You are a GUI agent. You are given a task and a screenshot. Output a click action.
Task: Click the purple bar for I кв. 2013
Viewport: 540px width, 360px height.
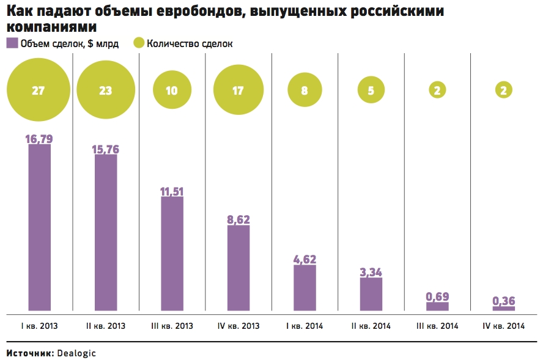tap(40, 227)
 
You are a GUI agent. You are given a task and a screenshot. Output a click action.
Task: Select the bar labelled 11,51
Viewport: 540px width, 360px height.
tap(172, 254)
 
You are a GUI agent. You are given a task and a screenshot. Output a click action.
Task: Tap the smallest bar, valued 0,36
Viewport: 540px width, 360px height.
tap(503, 308)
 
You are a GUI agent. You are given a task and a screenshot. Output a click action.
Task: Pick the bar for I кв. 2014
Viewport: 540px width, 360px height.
tap(305, 287)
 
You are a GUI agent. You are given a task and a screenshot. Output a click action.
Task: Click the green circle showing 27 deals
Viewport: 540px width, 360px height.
tap(39, 90)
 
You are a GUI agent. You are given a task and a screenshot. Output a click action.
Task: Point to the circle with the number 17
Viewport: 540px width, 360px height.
tap(238, 90)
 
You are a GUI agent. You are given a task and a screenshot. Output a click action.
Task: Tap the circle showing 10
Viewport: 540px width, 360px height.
tap(172, 90)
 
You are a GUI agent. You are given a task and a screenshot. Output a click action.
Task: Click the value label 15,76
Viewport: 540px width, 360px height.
tap(106, 149)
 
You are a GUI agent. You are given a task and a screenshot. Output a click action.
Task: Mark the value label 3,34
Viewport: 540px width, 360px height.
tap(371, 272)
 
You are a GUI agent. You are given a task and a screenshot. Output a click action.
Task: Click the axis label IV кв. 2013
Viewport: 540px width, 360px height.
tap(238, 326)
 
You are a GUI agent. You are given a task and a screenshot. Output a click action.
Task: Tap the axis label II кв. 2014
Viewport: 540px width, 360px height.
tap(371, 326)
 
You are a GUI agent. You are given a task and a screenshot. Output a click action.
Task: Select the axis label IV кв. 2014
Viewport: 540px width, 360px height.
tap(503, 326)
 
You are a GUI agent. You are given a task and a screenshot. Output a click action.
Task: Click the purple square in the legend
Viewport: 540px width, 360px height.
tap(12, 43)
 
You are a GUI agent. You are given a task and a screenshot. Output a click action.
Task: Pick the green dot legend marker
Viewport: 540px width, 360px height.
tap(139, 43)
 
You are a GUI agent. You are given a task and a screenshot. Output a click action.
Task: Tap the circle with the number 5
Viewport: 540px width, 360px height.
tap(371, 90)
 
